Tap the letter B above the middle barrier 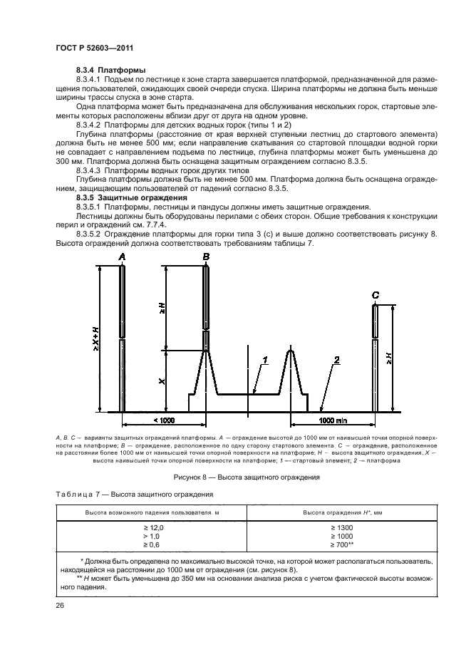[x=206, y=257]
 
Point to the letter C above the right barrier [x=376, y=294]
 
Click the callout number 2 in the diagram [x=336, y=361]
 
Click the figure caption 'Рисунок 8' [x=234, y=477]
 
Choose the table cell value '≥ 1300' [x=341, y=527]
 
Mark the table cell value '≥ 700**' [x=341, y=544]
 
